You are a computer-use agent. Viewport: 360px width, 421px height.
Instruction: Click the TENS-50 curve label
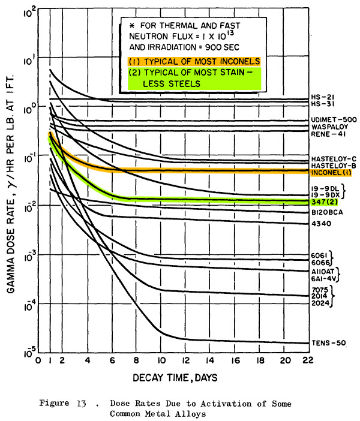(x=329, y=343)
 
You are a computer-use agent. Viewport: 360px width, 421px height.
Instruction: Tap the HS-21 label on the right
(x=323, y=97)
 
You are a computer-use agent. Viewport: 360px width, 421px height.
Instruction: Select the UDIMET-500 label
(x=334, y=120)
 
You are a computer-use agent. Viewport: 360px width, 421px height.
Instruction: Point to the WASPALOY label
(x=329, y=127)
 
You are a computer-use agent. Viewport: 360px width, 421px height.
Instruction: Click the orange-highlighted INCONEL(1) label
(x=331, y=172)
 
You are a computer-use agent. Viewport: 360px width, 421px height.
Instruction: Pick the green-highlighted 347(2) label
(x=325, y=202)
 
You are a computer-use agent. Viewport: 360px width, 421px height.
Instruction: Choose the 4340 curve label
(x=322, y=223)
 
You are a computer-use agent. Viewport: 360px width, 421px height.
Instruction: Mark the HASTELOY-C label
(x=334, y=159)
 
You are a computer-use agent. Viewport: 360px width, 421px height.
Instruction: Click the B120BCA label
(x=327, y=212)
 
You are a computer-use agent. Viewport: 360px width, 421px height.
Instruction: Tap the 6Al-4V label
(x=324, y=279)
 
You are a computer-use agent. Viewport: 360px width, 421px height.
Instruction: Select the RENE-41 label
(x=328, y=134)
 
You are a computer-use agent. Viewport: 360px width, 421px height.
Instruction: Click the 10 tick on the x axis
(x=161, y=360)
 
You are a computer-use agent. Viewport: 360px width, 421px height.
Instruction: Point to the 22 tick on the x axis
(x=308, y=360)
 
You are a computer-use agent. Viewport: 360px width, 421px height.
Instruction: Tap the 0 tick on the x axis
(x=38, y=360)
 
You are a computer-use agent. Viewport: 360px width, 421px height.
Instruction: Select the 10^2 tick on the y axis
(x=29, y=13)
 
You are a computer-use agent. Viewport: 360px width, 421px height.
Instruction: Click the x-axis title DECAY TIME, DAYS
(x=175, y=378)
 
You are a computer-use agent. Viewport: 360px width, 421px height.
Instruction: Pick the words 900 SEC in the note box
(x=222, y=47)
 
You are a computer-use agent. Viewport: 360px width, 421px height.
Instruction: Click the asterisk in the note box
(x=131, y=26)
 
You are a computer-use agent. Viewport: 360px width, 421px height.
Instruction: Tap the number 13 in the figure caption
(x=82, y=403)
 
